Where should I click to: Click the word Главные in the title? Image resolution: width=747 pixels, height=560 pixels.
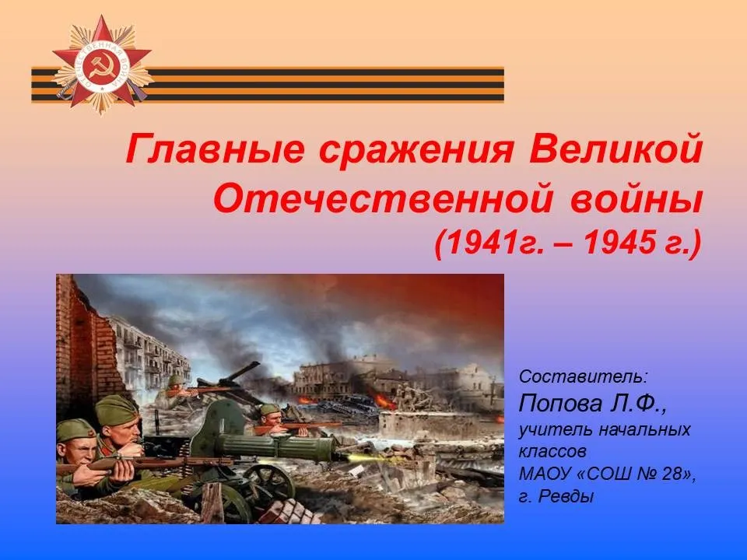pyautogui.click(x=215, y=149)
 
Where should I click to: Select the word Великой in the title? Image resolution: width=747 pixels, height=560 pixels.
pyautogui.click(x=615, y=149)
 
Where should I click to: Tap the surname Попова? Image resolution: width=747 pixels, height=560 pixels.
pyautogui.click(x=561, y=404)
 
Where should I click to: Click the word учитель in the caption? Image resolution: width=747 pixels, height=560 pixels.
pyautogui.click(x=555, y=429)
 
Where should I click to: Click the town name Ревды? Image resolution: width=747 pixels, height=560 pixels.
pyautogui.click(x=566, y=497)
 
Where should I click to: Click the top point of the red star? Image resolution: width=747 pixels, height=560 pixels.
pyautogui.click(x=101, y=16)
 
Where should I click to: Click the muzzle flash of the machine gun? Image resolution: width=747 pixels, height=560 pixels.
pyautogui.click(x=360, y=458)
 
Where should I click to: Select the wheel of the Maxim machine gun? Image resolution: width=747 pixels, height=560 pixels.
pyautogui.click(x=270, y=481)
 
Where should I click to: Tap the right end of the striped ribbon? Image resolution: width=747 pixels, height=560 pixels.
pyautogui.click(x=503, y=85)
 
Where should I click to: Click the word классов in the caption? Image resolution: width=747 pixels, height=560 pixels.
pyautogui.click(x=552, y=451)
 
